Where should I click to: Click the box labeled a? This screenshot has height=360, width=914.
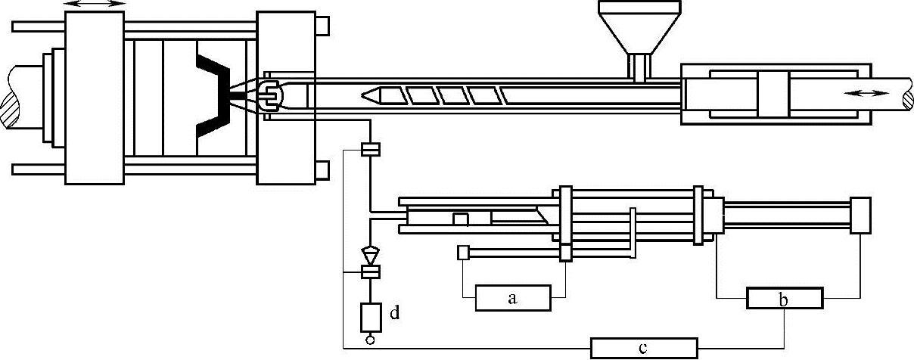click(x=512, y=299)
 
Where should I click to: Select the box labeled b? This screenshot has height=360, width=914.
click(x=784, y=299)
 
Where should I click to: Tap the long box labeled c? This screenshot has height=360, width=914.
click(x=642, y=349)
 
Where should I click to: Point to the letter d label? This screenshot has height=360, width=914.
click(x=394, y=312)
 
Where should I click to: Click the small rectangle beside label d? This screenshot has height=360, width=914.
click(x=370, y=315)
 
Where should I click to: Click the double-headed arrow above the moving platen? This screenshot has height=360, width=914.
click(x=95, y=5)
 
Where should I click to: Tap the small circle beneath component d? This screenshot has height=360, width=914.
click(x=370, y=340)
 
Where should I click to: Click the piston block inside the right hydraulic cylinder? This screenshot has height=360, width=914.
click(x=773, y=94)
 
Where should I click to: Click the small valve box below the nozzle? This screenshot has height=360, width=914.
click(x=370, y=150)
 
